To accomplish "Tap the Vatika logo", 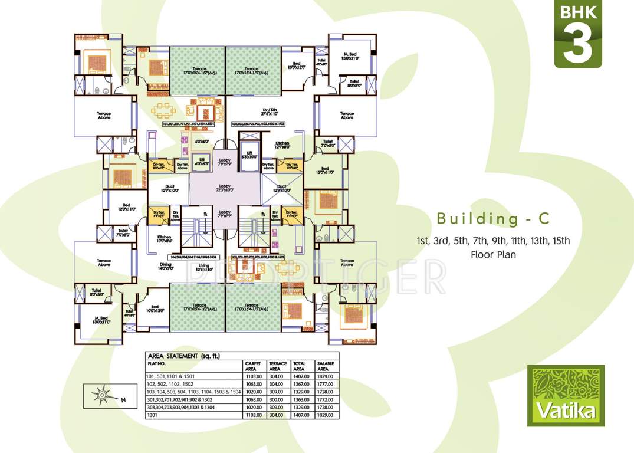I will coord(566,395).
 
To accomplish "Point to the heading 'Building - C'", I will coord(493,219).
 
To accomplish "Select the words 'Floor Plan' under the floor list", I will coord(493,255).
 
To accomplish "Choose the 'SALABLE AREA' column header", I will coord(326,366).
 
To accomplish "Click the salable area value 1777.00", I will coord(326,383).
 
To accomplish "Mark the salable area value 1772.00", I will coord(326,399).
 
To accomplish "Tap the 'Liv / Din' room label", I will coord(270,111).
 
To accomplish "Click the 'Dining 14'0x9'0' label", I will coord(166,267).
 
